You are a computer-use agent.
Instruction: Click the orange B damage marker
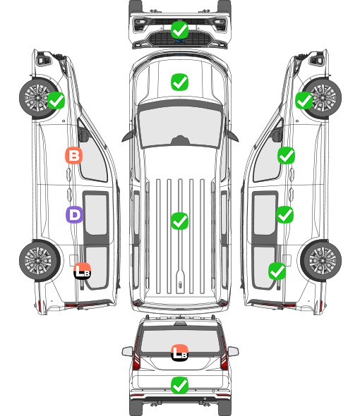[x=74, y=155]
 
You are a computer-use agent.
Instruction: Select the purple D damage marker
[x=74, y=214]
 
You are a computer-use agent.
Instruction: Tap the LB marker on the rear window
[x=180, y=353]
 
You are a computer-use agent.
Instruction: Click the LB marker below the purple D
[x=83, y=271]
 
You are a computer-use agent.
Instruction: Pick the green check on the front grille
[x=180, y=30]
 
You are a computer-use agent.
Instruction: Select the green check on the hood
[x=179, y=82]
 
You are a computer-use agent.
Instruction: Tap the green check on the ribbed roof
[x=180, y=221]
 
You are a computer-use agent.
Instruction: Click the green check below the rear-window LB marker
[x=180, y=385]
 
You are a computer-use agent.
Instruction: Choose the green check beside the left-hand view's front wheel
[x=56, y=100]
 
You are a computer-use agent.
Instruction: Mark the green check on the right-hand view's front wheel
[x=304, y=101]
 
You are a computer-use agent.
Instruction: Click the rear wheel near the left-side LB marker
[x=40, y=260]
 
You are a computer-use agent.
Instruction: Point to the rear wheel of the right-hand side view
[x=321, y=260]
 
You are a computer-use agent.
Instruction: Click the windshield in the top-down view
[x=180, y=128]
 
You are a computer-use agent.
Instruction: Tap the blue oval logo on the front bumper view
[x=180, y=41]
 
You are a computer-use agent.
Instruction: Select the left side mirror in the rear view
[x=128, y=351]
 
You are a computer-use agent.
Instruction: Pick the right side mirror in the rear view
[x=233, y=351]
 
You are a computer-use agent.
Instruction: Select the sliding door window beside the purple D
[x=96, y=214]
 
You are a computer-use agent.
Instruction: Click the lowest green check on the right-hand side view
[x=277, y=271]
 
